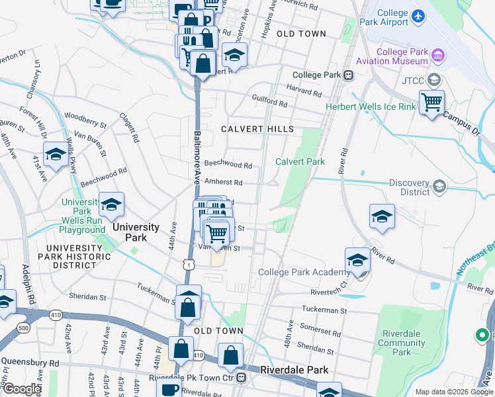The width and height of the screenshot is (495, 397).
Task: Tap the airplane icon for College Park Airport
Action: tap(418, 15)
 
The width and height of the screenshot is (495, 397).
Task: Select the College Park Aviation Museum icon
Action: tap(437, 54)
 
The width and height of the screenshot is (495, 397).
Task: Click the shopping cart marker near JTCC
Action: tap(431, 103)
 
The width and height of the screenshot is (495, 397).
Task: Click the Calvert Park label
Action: tap(300, 161)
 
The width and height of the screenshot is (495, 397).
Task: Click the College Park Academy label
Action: tap(304, 272)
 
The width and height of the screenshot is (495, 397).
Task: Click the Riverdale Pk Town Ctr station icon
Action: tap(242, 378)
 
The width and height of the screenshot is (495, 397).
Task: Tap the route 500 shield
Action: tap(24, 328)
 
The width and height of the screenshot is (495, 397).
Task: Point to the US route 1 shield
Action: tap(189, 265)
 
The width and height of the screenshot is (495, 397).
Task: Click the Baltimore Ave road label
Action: tap(197, 156)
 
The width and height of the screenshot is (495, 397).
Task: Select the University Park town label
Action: tap(136, 232)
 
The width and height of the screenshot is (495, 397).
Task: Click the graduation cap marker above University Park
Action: tap(112, 204)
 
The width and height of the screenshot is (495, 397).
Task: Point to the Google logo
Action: tap(21, 390)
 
